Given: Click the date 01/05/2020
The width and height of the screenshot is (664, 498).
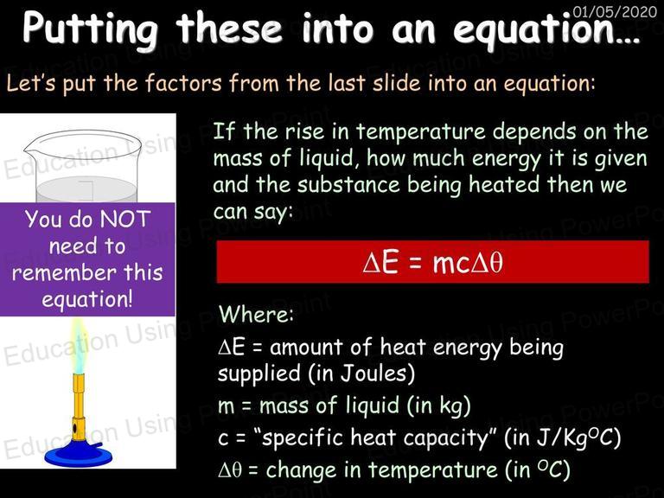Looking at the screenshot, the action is pos(615,10).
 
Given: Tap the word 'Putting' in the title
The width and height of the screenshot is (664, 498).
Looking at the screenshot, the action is pos(90,29).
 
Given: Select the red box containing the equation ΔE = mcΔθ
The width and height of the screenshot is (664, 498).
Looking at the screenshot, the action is pos(432,262).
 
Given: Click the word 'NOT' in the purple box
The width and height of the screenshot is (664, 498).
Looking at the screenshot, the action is pos(125,219).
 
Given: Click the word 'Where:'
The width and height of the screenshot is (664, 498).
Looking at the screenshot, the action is pos(256,314).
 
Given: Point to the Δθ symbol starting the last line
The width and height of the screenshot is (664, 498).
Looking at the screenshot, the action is pos(230,470).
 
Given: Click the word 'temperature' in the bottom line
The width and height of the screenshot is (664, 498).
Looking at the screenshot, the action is pos(432,470).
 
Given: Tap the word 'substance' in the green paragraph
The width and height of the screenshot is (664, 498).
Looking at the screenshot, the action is pos(348,185).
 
